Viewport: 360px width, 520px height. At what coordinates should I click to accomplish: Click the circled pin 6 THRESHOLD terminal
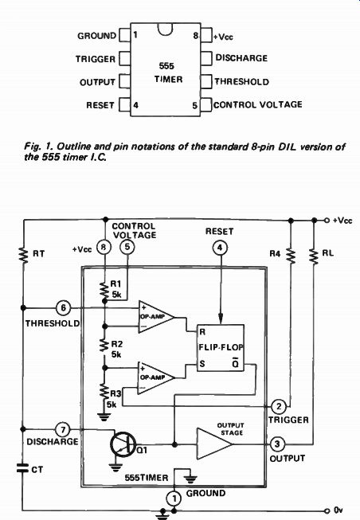(x=63, y=308)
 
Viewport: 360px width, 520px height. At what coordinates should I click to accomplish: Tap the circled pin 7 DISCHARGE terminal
(x=63, y=430)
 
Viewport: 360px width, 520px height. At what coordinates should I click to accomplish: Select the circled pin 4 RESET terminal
(x=220, y=248)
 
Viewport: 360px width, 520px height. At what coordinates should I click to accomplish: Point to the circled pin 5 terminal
(x=127, y=247)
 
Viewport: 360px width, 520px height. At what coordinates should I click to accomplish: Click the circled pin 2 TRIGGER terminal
(x=279, y=406)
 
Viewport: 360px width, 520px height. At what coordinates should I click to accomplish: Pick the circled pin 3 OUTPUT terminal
(x=277, y=444)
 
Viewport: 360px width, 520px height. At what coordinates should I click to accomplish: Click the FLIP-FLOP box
(x=221, y=347)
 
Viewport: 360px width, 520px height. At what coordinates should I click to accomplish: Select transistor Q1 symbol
(x=122, y=444)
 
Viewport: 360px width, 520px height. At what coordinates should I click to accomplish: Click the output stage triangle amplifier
(x=214, y=444)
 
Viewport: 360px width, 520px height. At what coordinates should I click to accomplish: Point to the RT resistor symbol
(x=23, y=255)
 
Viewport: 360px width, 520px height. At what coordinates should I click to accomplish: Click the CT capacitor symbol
(x=23, y=468)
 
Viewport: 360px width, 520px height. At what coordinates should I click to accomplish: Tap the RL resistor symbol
(x=314, y=256)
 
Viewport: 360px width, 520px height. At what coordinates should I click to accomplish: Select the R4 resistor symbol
(x=291, y=256)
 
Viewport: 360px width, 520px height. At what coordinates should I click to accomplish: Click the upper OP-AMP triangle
(x=156, y=317)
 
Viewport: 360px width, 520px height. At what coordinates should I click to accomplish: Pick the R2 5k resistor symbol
(x=104, y=345)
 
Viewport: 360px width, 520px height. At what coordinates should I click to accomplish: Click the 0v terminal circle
(x=327, y=510)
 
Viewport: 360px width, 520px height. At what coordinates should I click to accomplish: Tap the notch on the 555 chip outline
(x=165, y=29)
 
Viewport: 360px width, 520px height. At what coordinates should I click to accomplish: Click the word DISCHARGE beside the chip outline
(x=241, y=58)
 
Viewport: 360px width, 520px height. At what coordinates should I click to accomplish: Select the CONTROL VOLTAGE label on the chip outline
(x=258, y=105)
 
